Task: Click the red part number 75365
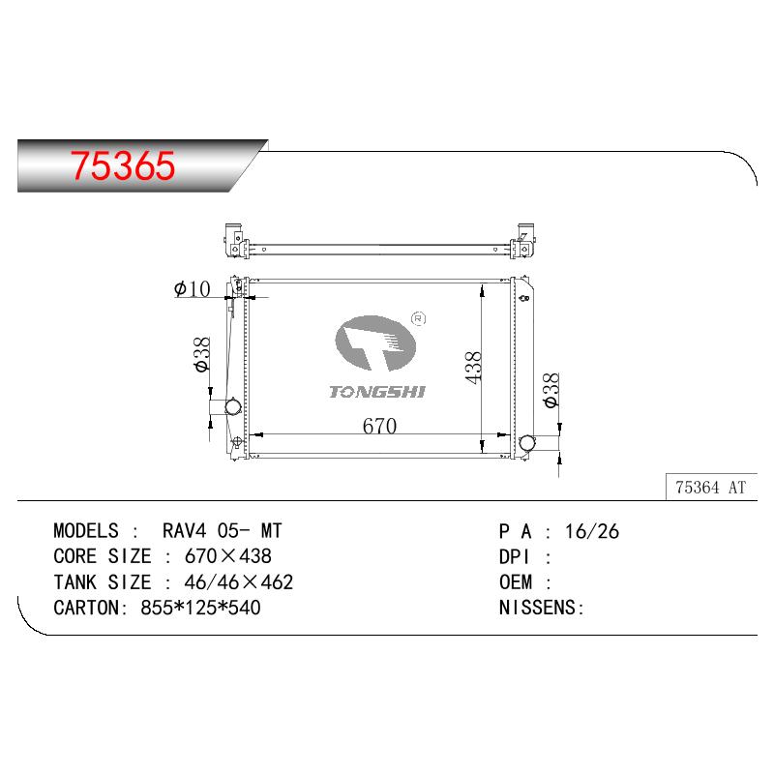(123, 164)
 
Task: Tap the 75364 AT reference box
(711, 487)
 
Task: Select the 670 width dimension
(379, 426)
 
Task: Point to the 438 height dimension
(473, 368)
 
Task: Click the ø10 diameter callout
(192, 288)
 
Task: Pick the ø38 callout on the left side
(202, 354)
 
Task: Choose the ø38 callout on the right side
(551, 390)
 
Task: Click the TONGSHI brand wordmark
(377, 392)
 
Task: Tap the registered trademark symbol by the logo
(418, 319)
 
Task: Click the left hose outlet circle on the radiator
(232, 407)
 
